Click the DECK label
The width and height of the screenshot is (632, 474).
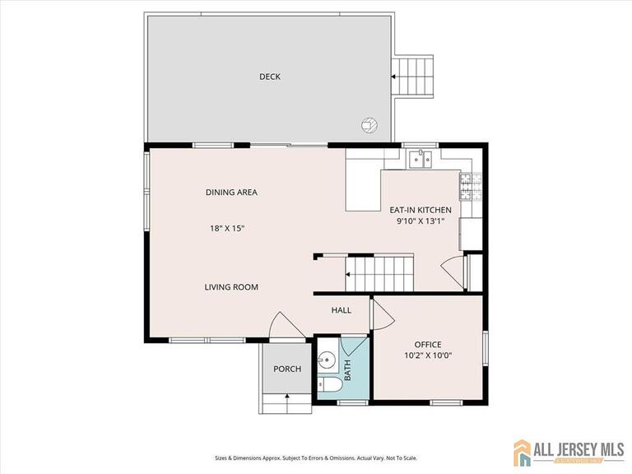coord(270,77)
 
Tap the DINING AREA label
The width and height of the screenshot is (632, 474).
coord(231,193)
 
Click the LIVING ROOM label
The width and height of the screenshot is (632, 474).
coord(231,287)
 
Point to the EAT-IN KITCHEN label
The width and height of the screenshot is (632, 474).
coord(421,210)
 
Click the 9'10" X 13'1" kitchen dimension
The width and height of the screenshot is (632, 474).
coord(421,221)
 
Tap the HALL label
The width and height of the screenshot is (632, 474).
coord(341,310)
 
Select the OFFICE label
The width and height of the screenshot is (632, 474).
coord(428,344)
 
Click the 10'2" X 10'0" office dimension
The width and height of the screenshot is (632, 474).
coord(428,355)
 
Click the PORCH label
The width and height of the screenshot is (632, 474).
coord(287,369)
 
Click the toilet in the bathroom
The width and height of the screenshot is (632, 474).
coord(329,385)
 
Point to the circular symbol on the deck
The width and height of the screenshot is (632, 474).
coord(369,125)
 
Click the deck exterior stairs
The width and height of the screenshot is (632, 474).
coord(411,76)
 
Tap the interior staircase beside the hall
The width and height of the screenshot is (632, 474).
coord(379,271)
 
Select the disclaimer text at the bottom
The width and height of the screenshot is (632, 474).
coord(316,458)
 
